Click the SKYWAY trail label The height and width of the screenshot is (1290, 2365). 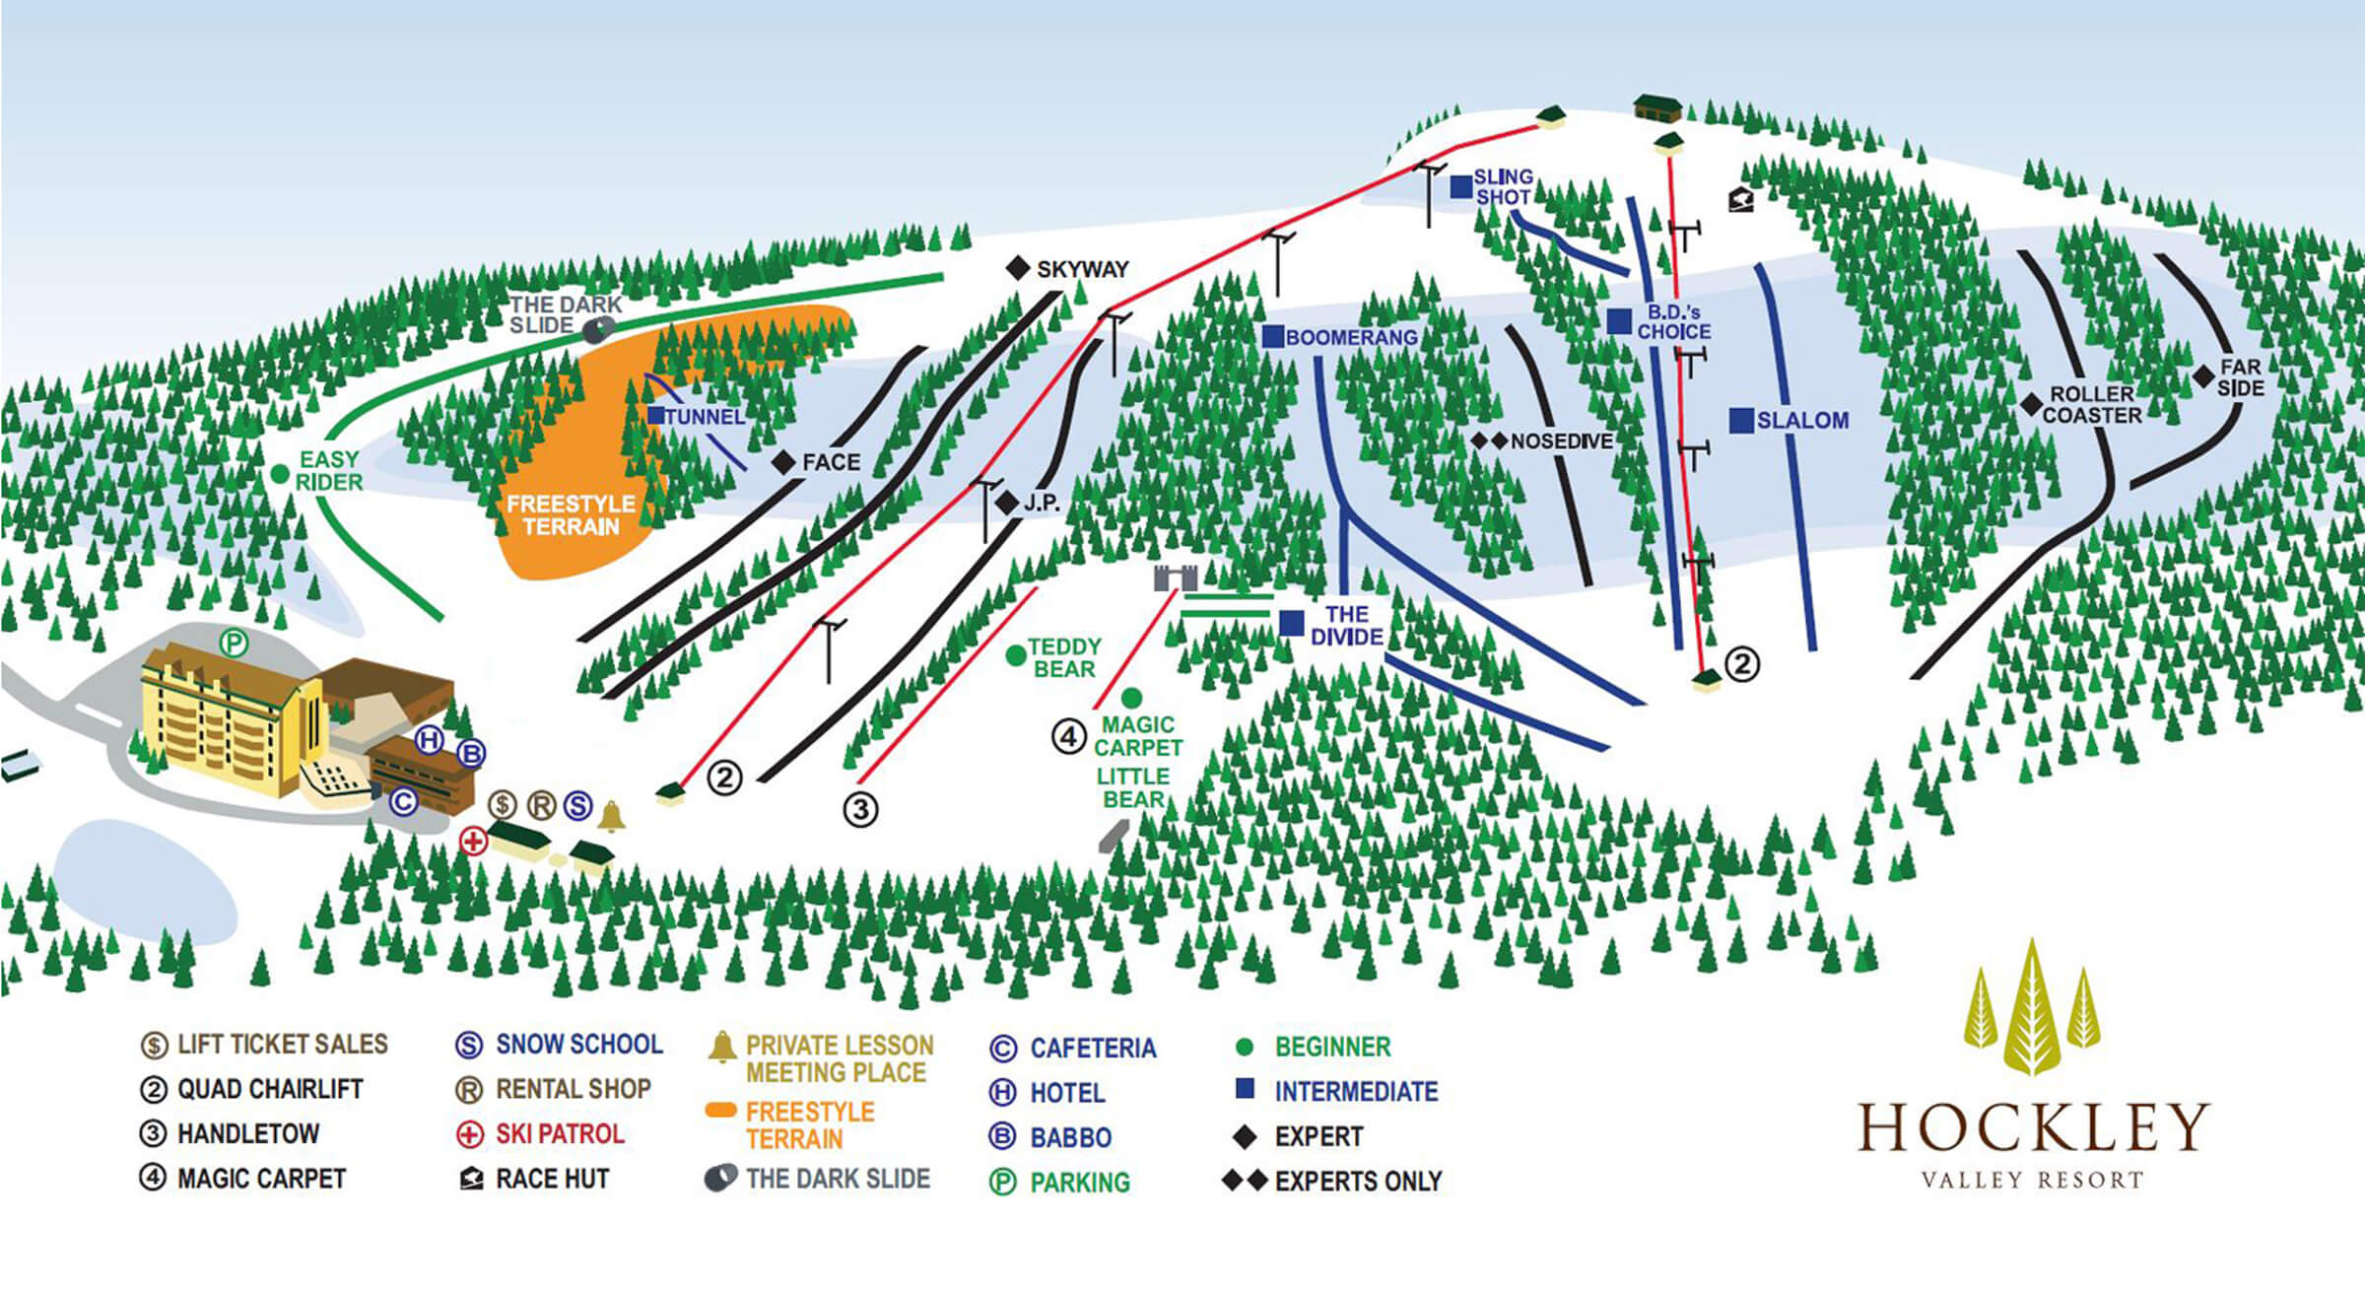click(x=1081, y=269)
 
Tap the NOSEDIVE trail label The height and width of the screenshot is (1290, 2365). click(x=1561, y=441)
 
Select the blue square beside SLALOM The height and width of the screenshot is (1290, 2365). click(x=1741, y=420)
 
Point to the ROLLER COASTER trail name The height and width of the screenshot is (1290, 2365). click(x=2091, y=405)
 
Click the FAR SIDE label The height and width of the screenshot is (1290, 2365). click(x=2240, y=377)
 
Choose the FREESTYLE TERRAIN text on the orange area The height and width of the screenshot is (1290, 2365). click(x=571, y=514)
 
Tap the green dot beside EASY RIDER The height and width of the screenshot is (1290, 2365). click(x=280, y=474)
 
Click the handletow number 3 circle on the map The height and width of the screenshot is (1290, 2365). click(x=860, y=810)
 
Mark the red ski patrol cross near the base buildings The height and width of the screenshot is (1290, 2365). click(x=474, y=842)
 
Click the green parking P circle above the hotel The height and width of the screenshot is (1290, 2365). click(x=234, y=644)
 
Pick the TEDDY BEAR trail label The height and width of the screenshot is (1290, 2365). click(x=1063, y=657)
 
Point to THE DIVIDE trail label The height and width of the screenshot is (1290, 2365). click(x=1346, y=626)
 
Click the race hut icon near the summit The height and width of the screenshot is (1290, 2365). click(x=1741, y=200)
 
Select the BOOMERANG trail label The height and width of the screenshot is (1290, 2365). click(x=1351, y=337)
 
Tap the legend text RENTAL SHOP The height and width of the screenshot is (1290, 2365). click(x=573, y=1089)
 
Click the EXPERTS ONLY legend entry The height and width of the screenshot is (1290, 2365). click(x=1357, y=1181)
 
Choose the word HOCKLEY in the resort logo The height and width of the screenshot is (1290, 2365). click(x=2034, y=1127)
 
